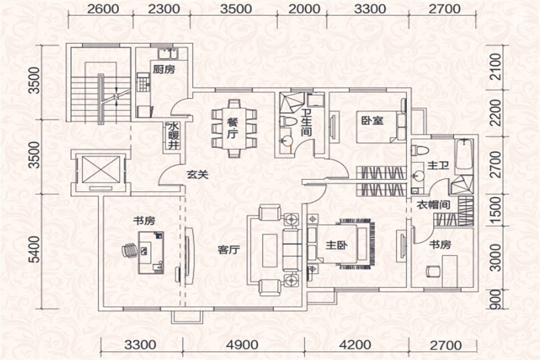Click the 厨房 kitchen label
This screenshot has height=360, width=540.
[x=164, y=69]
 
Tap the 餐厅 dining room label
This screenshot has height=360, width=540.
[x=232, y=128]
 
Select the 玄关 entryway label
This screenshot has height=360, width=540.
[x=197, y=175]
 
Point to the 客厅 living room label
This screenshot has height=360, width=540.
[x=229, y=250]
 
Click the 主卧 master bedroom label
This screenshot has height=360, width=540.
[x=337, y=245]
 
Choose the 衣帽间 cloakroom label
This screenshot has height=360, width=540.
[x=433, y=205]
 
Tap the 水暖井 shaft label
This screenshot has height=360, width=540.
[x=173, y=136]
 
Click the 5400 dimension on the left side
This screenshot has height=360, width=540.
[x=34, y=250]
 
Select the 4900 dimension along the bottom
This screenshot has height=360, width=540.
[x=243, y=345]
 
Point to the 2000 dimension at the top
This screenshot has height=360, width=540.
[x=304, y=9]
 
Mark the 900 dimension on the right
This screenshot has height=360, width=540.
[x=495, y=299]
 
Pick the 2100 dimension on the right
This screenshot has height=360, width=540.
[x=495, y=67]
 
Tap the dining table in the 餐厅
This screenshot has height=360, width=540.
[x=234, y=128]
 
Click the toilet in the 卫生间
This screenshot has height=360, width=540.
[x=288, y=121]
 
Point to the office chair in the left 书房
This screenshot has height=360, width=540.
[x=130, y=250]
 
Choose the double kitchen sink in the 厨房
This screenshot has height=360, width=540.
[x=168, y=54]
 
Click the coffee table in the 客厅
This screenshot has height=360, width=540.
[x=269, y=250]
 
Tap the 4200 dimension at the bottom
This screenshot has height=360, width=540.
[x=355, y=345]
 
